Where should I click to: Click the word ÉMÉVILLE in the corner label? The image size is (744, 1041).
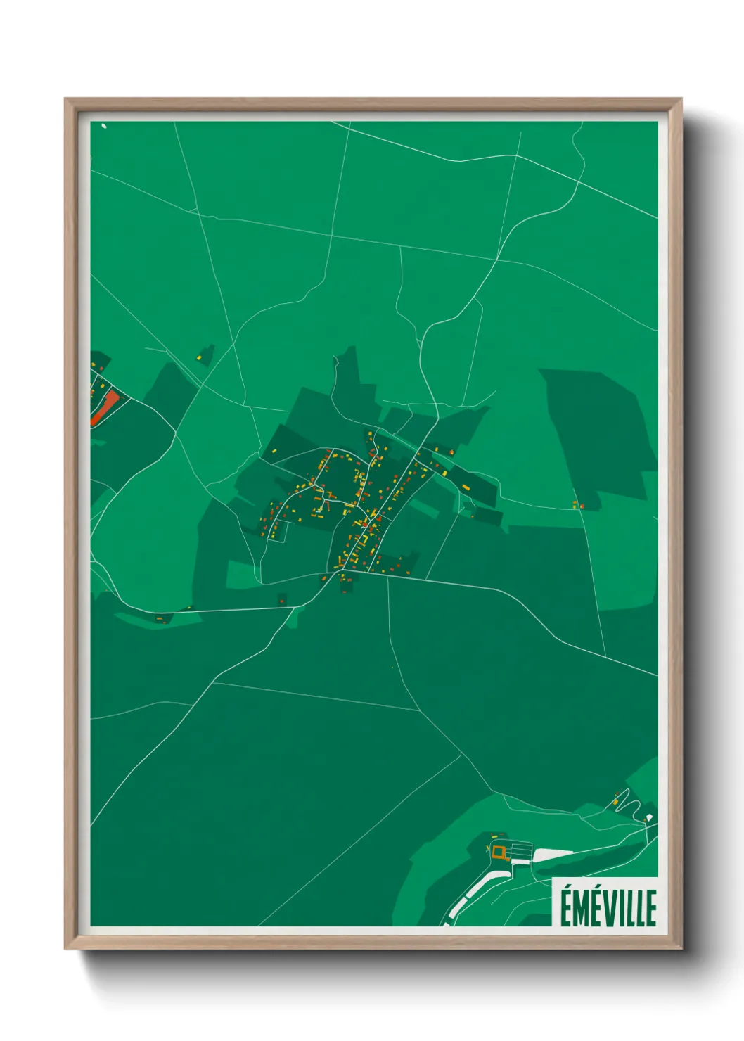(x=608, y=907)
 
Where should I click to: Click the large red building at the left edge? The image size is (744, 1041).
(x=104, y=407)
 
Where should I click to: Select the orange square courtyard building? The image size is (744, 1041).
(x=499, y=852)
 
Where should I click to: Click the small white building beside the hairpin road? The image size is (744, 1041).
(x=649, y=817)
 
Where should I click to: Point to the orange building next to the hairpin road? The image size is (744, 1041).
(x=616, y=800)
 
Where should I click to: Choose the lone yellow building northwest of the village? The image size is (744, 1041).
(x=200, y=358)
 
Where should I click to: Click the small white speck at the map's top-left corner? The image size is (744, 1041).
(x=104, y=127)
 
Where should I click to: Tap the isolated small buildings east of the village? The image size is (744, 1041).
(x=578, y=504)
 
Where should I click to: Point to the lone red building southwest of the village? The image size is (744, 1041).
(x=282, y=599)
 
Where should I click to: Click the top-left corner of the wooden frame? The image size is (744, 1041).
(x=66, y=100)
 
